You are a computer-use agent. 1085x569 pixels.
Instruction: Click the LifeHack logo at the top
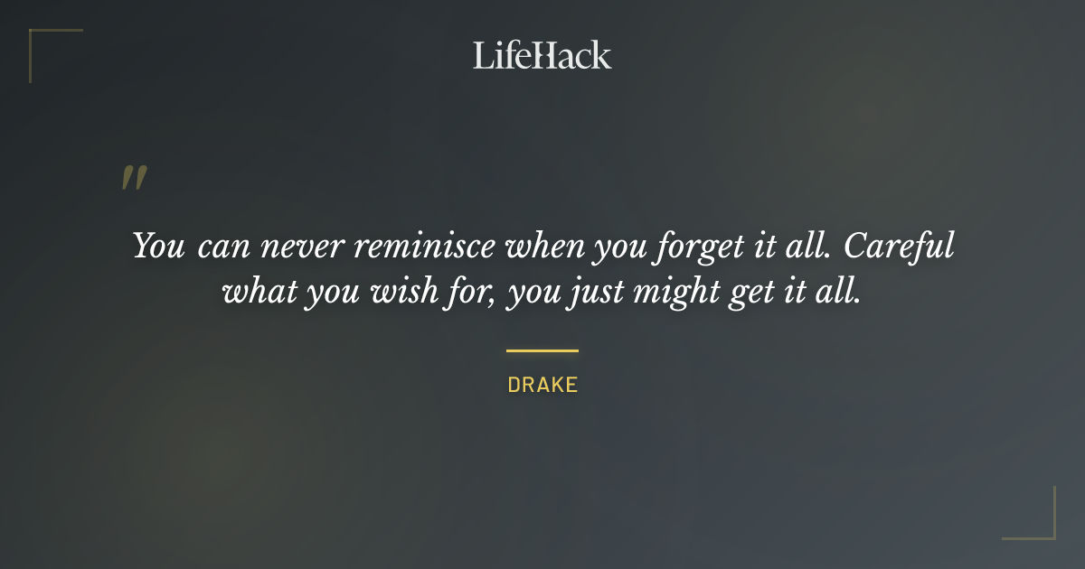(542, 55)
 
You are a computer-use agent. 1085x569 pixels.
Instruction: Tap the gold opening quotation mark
(133, 178)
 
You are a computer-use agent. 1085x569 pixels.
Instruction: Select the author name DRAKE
(542, 385)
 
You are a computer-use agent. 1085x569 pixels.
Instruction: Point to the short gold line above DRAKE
(542, 350)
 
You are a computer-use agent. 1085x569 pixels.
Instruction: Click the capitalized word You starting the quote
(158, 247)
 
